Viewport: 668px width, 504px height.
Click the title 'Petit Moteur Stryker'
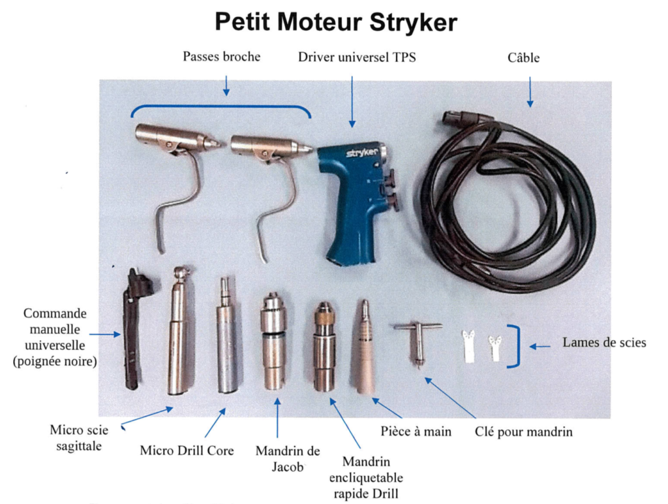coord(336,22)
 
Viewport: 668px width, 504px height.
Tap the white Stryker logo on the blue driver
coord(361,153)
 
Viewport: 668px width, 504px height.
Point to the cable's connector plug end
coord(458,118)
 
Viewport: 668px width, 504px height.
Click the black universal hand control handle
coord(136,328)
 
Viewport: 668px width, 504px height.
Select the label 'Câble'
coord(523,57)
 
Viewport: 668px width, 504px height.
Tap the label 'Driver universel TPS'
coord(357,57)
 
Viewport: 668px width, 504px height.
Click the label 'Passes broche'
coord(222,57)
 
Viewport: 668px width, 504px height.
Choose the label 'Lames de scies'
coord(604,342)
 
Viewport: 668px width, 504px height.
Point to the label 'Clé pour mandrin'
coord(524,432)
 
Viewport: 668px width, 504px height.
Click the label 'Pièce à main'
coord(416,432)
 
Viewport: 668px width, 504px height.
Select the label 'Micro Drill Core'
coord(187,450)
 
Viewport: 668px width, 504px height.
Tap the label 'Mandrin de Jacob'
coord(288,458)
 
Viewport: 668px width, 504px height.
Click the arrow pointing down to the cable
coord(530,91)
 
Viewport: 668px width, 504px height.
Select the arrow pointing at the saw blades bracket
coord(539,346)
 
